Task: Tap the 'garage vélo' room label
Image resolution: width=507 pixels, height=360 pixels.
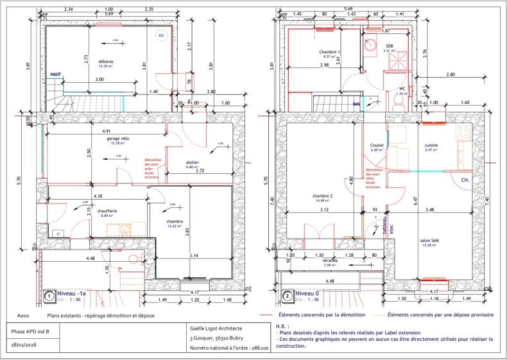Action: [x=117, y=139]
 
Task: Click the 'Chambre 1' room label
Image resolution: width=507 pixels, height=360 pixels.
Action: [x=329, y=52]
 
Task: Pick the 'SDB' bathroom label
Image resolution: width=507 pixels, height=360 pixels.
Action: [x=388, y=45]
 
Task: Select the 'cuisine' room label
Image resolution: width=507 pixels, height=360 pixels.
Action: [x=431, y=146]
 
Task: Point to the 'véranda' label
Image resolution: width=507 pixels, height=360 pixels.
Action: [x=331, y=261]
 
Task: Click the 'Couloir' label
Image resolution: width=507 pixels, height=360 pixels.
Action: [x=377, y=146]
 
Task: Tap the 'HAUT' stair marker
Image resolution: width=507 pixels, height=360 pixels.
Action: [x=56, y=74]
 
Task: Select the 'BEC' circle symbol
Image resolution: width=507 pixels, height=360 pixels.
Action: [x=161, y=36]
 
